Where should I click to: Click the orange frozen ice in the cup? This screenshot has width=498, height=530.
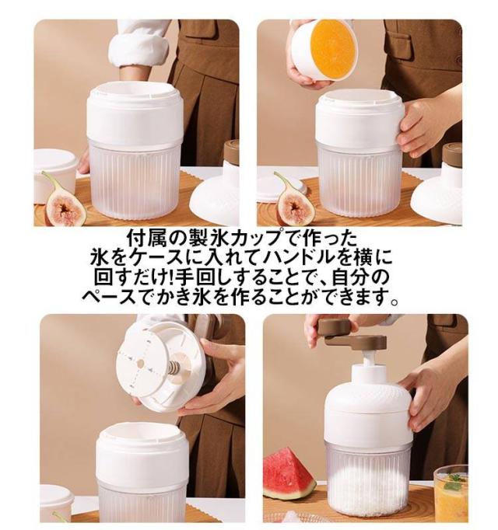[x=333, y=49]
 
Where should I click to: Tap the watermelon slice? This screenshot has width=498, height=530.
[x=289, y=474]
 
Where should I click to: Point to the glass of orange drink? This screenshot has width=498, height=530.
[x=451, y=493]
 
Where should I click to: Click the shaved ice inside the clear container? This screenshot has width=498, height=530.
[x=367, y=486]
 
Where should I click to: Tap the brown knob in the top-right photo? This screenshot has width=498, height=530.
[x=452, y=154]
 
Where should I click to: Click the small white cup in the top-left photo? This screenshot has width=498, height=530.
[x=55, y=176]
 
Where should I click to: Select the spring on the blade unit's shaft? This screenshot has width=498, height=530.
[x=173, y=367]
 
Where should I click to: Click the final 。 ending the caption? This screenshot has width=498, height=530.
[x=394, y=301]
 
